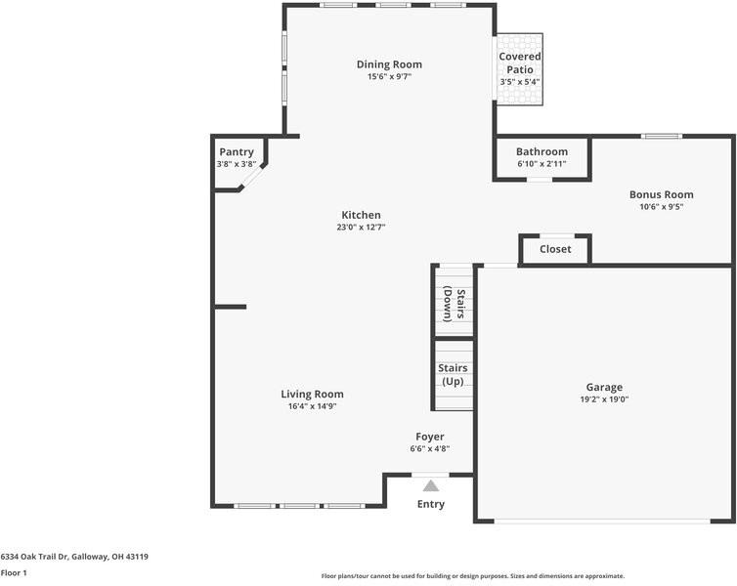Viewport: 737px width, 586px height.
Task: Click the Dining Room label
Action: tap(389, 64)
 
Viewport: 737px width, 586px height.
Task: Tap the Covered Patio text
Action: tap(519, 63)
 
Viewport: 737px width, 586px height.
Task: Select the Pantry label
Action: tap(237, 151)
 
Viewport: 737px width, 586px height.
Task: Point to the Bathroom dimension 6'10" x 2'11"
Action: tap(542, 164)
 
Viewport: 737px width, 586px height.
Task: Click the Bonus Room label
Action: tap(661, 194)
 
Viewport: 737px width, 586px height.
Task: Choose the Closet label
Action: tap(555, 249)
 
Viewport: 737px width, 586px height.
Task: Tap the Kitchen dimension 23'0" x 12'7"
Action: tap(361, 228)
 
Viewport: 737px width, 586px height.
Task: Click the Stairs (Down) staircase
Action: tap(454, 302)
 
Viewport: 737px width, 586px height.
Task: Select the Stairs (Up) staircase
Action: tap(454, 374)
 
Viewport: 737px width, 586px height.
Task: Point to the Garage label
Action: tap(604, 387)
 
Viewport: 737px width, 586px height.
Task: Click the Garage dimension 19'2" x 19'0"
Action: tap(604, 399)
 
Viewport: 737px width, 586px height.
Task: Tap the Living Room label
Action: tap(312, 394)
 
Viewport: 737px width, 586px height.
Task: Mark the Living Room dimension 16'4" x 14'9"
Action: tap(312, 406)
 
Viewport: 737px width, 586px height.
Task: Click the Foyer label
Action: tap(429, 437)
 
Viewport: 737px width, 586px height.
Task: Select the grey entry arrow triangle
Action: tap(430, 484)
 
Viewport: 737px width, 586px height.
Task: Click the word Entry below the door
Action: tap(430, 504)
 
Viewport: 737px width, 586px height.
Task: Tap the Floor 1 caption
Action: tap(14, 572)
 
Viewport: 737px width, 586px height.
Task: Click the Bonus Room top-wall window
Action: tap(661, 136)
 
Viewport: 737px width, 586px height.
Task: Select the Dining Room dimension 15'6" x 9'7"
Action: tap(389, 77)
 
